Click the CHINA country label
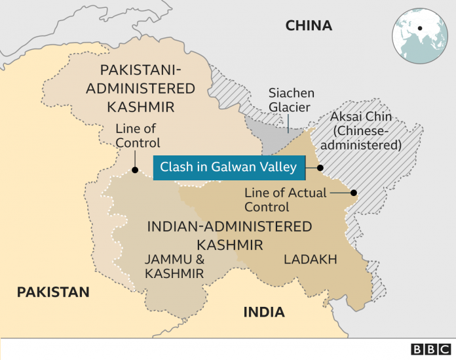[x=309, y=26]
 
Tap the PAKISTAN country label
[x=53, y=292]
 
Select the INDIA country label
[x=264, y=312]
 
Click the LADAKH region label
[x=310, y=260]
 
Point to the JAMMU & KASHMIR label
[x=174, y=266]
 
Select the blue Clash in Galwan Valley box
[x=228, y=167]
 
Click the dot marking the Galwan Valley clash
[x=320, y=167]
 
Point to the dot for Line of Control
[x=134, y=170]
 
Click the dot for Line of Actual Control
[x=354, y=193]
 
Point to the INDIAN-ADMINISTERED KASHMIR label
[x=229, y=235]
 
